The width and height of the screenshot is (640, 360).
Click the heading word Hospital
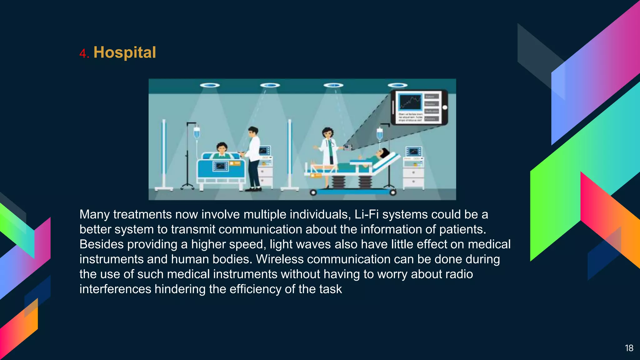pos(124,52)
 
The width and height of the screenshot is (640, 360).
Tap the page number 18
pos(629,348)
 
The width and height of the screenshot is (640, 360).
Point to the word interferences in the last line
pos(115,289)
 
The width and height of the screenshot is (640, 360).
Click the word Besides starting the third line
pos(102,244)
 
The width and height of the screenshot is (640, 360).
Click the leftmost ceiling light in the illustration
pos(210,85)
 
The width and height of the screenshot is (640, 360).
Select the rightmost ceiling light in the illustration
pos(397,85)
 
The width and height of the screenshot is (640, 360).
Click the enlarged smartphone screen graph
pos(410,102)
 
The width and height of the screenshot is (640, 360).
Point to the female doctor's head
pos(327,132)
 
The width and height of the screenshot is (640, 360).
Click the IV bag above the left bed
pos(197,132)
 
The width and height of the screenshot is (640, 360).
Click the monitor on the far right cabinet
pos(413,152)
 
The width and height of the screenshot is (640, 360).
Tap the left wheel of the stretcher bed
pos(313,192)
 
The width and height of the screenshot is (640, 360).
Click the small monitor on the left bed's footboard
pos(221,166)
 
